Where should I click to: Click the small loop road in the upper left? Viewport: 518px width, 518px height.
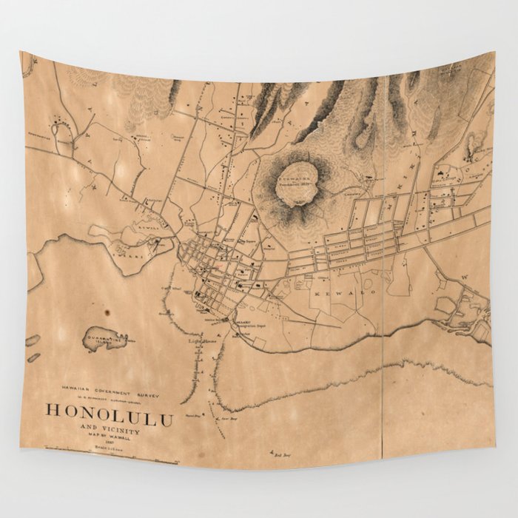(66, 133)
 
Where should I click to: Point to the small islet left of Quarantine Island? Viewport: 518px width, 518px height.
(33, 340)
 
